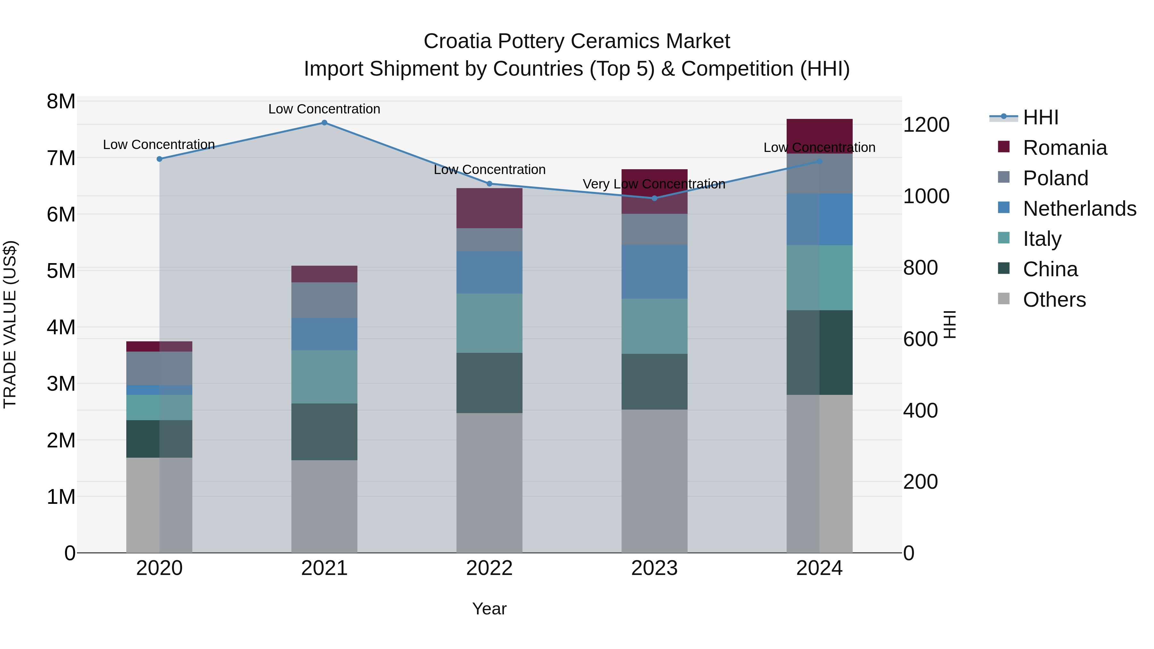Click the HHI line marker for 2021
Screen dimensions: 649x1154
pos(324,123)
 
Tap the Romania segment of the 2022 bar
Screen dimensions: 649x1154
pos(489,208)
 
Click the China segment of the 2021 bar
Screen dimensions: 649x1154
pos(324,432)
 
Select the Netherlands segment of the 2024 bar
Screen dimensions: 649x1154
pos(819,220)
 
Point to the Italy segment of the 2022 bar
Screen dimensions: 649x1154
pos(489,323)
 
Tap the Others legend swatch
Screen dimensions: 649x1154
pos(1004,299)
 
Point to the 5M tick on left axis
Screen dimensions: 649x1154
pos(61,271)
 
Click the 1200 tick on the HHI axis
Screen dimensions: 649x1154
pos(925,125)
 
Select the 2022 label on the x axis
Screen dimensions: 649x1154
pos(489,568)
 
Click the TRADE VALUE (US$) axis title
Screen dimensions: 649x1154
pos(10,324)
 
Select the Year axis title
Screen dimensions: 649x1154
pos(489,609)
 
